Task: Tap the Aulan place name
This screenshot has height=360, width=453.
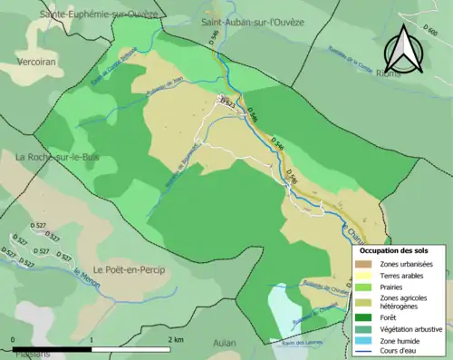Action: click(x=224, y=343)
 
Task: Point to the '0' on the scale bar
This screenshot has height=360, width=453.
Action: click(x=13, y=339)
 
